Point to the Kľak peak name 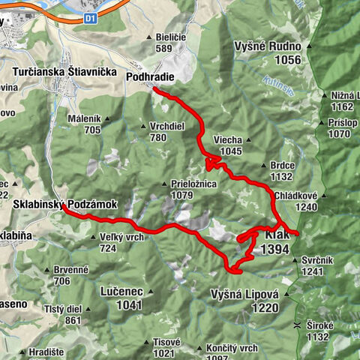tap(277, 235)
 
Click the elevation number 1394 tap(276, 250)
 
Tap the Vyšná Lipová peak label tap(244, 294)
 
